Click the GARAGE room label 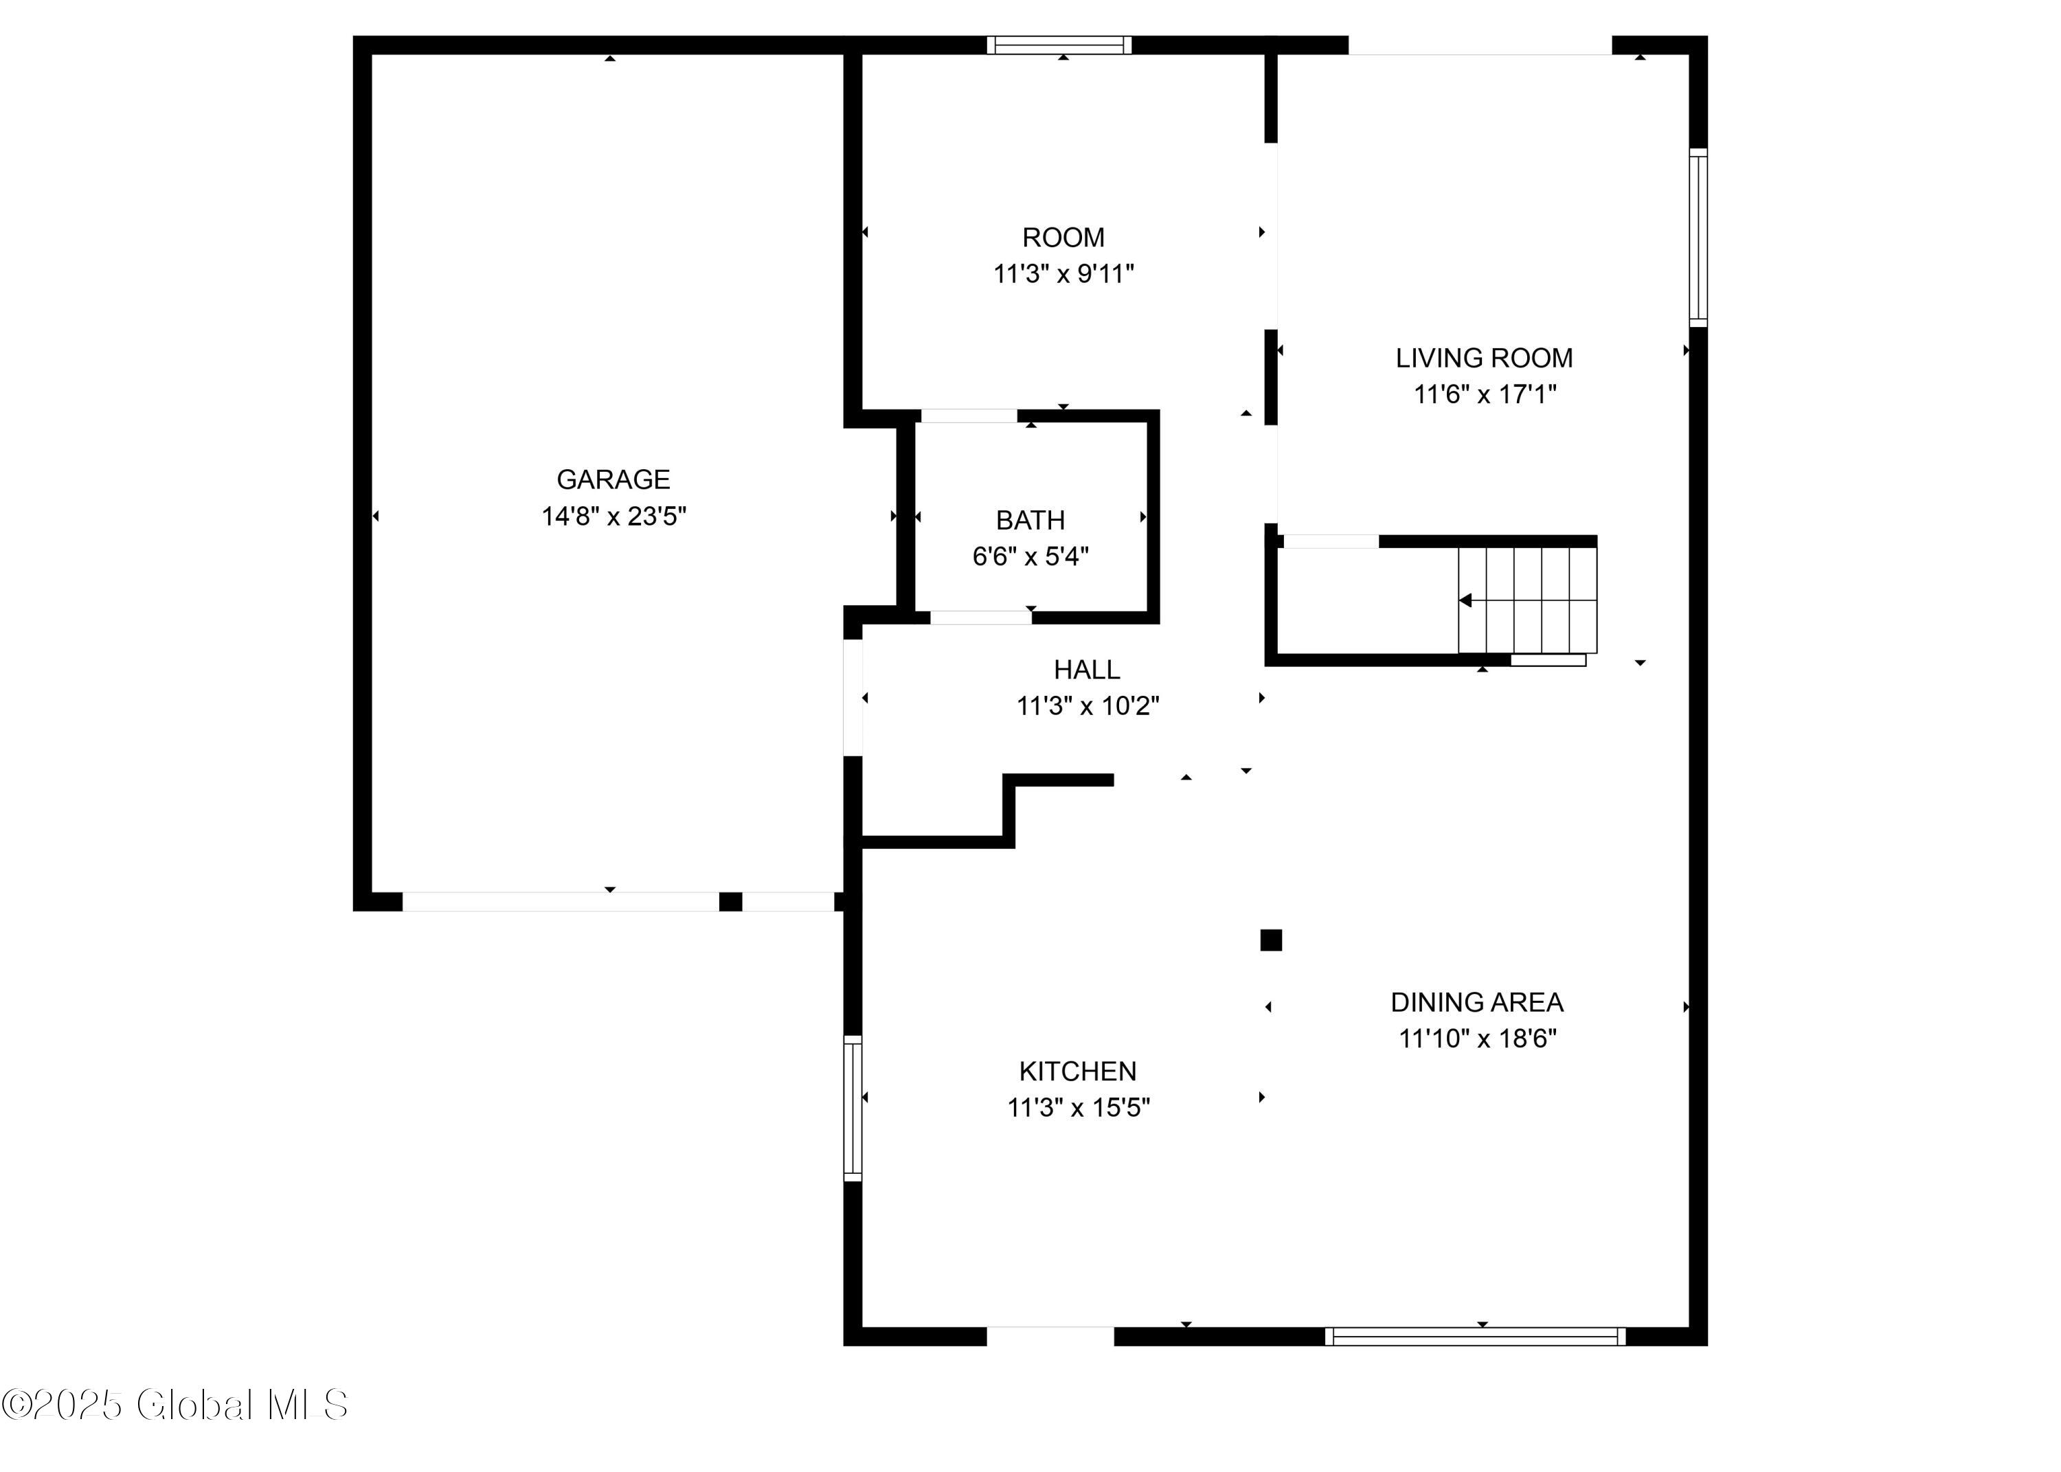(x=613, y=479)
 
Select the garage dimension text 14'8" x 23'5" (x=613, y=516)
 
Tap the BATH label (x=1030, y=519)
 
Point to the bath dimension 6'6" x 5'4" (x=1030, y=556)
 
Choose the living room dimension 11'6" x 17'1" (x=1484, y=394)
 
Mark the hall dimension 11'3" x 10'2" (x=1087, y=705)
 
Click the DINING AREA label (x=1476, y=1001)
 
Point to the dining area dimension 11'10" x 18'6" (x=1476, y=1038)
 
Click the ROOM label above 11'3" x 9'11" (x=1062, y=238)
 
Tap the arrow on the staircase (x=1465, y=600)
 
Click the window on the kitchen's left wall (x=852, y=1108)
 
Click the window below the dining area (x=1474, y=1336)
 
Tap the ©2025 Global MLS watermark (x=174, y=1405)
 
